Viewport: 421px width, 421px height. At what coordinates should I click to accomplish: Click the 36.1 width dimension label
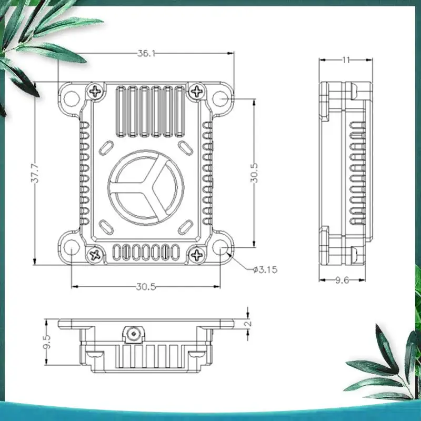pos(146,54)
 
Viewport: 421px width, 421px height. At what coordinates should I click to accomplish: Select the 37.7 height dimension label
pos(35,174)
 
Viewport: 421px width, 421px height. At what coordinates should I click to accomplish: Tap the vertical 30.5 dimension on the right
pos(254,173)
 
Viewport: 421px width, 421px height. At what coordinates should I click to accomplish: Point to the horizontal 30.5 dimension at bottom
pos(146,287)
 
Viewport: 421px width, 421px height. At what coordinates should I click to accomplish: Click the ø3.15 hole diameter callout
pos(265,269)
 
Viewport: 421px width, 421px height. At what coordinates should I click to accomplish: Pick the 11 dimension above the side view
pos(346,60)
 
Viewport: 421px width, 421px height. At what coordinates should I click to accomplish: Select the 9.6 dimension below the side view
pos(342,280)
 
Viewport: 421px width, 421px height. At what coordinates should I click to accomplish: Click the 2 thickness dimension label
pos(248,323)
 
